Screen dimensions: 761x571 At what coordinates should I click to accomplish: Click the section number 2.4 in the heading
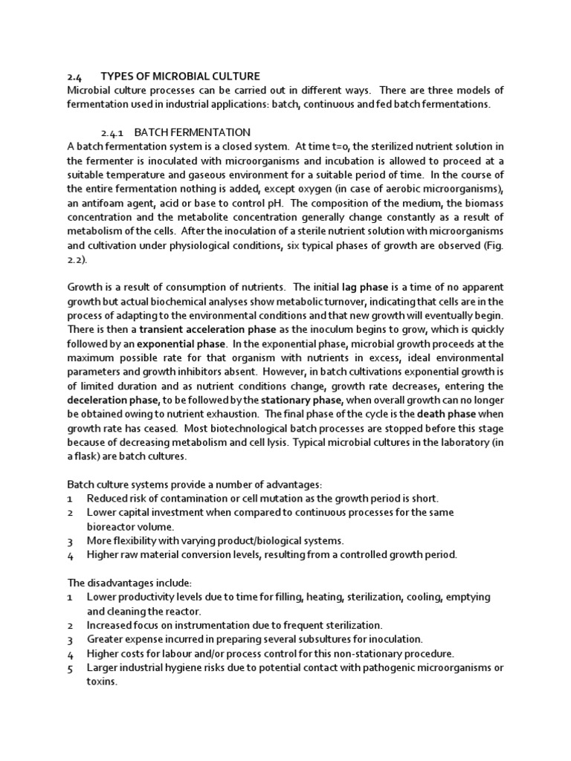coord(73,76)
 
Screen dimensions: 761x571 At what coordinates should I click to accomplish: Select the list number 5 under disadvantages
coord(70,667)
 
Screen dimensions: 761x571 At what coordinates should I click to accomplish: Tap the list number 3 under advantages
coord(70,540)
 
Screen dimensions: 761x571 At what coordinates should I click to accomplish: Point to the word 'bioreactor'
coord(110,526)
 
